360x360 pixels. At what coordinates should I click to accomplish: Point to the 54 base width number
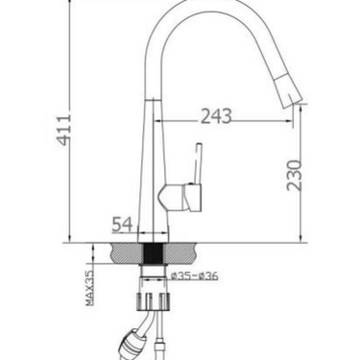pos(123,224)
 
